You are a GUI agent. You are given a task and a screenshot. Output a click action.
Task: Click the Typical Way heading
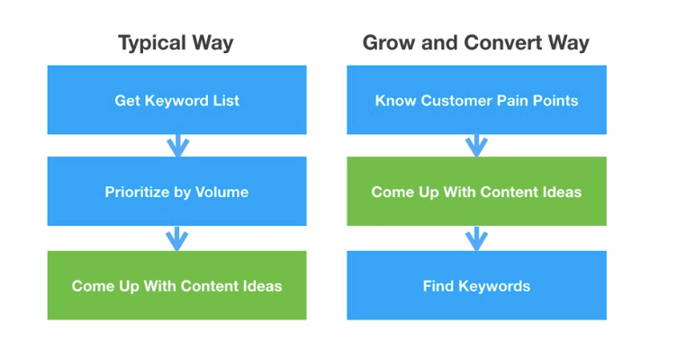click(x=176, y=42)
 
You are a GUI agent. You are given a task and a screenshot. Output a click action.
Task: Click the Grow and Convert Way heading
click(x=476, y=42)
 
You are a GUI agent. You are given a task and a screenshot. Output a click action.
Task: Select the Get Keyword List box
click(x=176, y=100)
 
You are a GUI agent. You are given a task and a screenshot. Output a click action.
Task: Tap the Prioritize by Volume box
click(x=176, y=192)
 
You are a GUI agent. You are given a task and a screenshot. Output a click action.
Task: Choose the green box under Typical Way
click(x=176, y=285)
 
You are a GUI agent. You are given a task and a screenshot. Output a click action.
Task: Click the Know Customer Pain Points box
click(x=476, y=100)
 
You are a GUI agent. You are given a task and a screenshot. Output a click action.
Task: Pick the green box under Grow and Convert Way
click(x=476, y=192)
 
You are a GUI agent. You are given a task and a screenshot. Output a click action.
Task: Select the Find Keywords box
click(x=476, y=285)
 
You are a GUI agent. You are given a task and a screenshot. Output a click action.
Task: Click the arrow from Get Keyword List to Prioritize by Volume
click(x=177, y=145)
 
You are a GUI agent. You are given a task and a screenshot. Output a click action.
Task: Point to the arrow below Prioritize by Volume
click(x=177, y=238)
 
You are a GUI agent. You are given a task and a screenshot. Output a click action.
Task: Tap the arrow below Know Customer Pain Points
click(x=476, y=145)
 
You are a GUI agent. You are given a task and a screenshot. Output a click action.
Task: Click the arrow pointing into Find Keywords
click(x=476, y=238)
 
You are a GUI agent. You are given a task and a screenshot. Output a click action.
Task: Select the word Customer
click(x=457, y=100)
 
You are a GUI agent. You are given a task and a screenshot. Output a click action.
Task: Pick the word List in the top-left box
click(x=226, y=100)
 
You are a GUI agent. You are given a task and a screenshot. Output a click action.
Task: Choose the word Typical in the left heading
click(x=155, y=42)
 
